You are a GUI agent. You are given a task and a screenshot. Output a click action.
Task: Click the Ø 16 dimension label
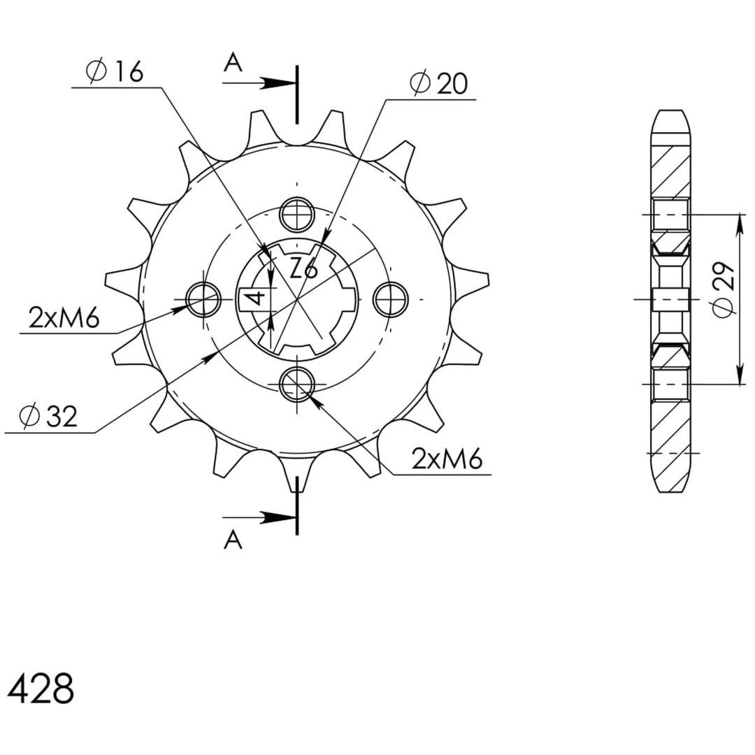pyautogui.click(x=115, y=72)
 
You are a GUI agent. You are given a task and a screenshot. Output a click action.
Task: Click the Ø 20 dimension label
pyautogui.click(x=438, y=83)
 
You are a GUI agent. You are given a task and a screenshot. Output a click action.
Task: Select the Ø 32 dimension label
pyautogui.click(x=48, y=416)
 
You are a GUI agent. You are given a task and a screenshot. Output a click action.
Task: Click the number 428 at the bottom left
pyautogui.click(x=41, y=688)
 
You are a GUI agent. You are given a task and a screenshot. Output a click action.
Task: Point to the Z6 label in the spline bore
pyautogui.click(x=304, y=268)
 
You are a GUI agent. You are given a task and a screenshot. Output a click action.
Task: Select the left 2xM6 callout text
pyautogui.click(x=64, y=318)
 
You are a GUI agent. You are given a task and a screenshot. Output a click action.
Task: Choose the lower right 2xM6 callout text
pyautogui.click(x=447, y=460)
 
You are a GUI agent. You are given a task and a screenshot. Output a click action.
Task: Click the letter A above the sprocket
pyautogui.click(x=233, y=63)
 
